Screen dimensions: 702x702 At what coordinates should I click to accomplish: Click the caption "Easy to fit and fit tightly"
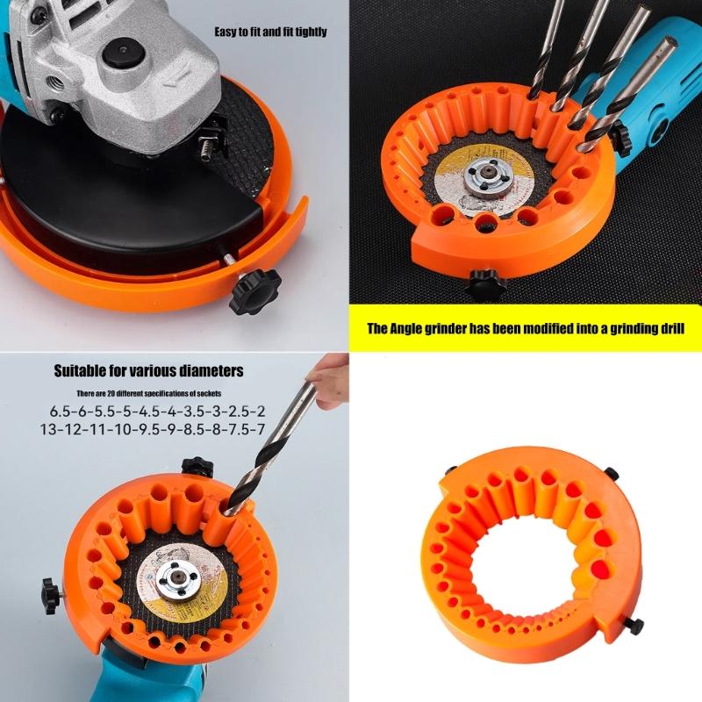pyautogui.click(x=270, y=32)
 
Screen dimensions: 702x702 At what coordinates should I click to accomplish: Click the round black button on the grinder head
pyautogui.click(x=122, y=52)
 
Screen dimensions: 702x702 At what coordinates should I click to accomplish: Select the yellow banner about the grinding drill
pyautogui.click(x=525, y=329)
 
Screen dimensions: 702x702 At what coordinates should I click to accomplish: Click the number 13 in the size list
pyautogui.click(x=50, y=430)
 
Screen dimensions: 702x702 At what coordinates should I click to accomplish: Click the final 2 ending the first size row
pyautogui.click(x=261, y=412)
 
